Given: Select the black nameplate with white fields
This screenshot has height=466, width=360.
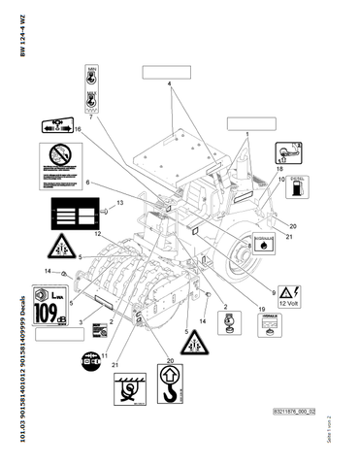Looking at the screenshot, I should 74,216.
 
